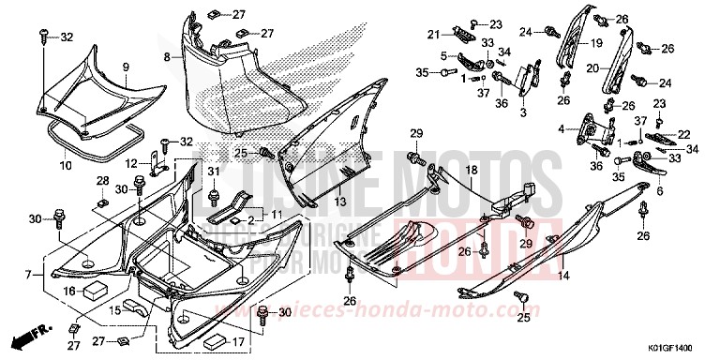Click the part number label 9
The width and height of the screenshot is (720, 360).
[125, 67]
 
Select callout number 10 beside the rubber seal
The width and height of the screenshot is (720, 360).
[67, 165]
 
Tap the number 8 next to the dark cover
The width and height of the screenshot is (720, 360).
[167, 57]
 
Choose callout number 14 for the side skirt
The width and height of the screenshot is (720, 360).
[564, 276]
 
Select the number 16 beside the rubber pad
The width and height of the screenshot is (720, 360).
[67, 292]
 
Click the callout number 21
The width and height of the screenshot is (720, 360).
[433, 35]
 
